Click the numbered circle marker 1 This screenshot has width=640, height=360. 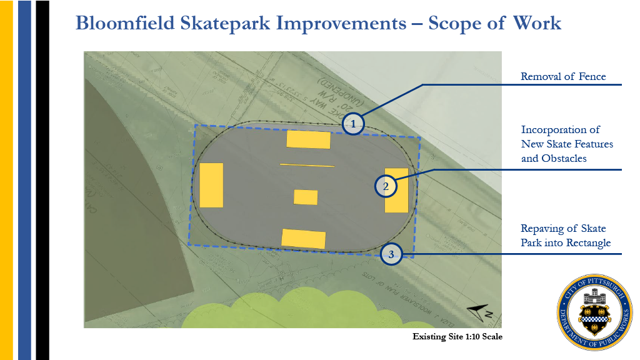tap(354, 124)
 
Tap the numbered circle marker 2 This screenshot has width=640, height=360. tap(386, 186)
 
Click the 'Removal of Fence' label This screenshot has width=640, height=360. tap(563, 77)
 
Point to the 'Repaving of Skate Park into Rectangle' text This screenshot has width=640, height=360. tap(565, 236)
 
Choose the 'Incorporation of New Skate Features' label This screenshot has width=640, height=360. tap(567, 144)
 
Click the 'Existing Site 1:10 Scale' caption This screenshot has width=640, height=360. tap(457, 337)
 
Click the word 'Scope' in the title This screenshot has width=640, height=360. tap(461, 24)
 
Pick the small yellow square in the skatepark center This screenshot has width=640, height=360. tap(306, 197)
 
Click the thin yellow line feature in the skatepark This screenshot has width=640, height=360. tap(307, 166)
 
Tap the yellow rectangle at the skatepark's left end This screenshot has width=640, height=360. tap(211, 185)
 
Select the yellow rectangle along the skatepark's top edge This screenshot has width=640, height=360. tap(308, 139)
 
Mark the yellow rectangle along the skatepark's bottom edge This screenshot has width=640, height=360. tap(303, 239)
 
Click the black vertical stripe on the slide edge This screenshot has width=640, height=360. tap(42, 180)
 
